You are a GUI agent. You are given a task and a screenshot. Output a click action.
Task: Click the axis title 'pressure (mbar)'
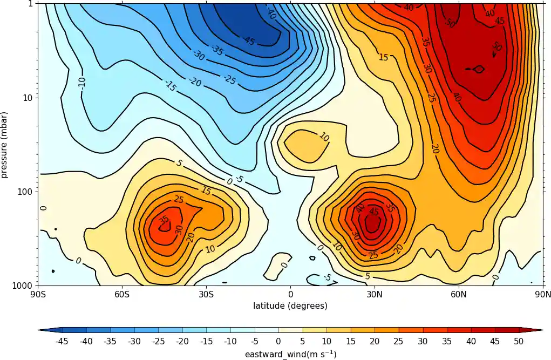5,145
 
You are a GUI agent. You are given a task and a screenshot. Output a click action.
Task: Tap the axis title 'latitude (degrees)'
290,306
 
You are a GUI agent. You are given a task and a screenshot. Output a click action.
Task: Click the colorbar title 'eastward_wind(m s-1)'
290,354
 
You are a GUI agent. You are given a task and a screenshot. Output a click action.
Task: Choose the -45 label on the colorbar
62,341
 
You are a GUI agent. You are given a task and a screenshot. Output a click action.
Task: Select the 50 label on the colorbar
519,341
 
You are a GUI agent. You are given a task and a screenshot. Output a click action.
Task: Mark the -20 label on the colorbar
182,341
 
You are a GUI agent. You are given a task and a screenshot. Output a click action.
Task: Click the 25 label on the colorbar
399,341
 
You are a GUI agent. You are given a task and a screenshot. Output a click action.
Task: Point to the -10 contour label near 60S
82,83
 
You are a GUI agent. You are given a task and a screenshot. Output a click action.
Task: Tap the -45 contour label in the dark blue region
249,41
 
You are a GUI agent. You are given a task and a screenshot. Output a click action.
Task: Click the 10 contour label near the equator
323,137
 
